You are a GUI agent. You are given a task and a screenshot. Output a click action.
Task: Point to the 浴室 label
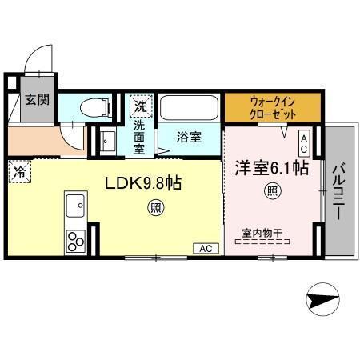click(189, 136)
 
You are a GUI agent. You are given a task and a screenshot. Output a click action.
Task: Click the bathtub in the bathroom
click(190, 108)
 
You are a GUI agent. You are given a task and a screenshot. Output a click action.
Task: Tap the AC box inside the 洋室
click(304, 143)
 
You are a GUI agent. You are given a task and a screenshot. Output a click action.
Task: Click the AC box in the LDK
click(204, 247)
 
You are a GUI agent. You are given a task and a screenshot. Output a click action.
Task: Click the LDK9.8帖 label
click(144, 183)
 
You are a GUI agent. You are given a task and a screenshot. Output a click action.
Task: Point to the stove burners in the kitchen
click(76, 239)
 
